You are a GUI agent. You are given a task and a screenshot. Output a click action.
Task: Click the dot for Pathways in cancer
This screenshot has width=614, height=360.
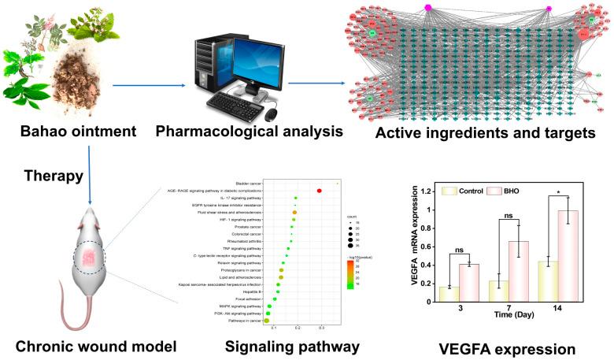pyautogui.click(x=266, y=320)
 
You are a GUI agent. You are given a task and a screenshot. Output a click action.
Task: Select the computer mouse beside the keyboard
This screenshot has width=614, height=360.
pyautogui.click(x=271, y=116)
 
